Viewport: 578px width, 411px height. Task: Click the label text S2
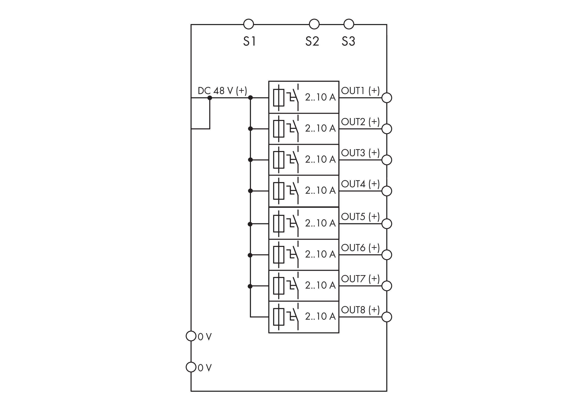[x=312, y=41]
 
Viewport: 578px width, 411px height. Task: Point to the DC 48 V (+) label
[x=222, y=91]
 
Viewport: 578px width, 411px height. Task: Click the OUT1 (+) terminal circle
[x=387, y=98]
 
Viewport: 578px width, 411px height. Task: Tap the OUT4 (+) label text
[x=360, y=184]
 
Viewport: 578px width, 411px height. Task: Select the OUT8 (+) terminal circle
[x=387, y=317]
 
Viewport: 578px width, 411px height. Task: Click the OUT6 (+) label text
[x=360, y=248]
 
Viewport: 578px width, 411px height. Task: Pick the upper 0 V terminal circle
[x=191, y=336]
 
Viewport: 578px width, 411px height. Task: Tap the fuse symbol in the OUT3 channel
[x=279, y=160]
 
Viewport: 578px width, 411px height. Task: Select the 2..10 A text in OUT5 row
[x=320, y=223]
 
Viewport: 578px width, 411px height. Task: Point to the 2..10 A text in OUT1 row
[x=320, y=97]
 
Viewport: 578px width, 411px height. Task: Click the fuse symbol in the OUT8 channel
[x=279, y=317]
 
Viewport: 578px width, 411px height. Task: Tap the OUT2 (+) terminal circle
[x=387, y=129]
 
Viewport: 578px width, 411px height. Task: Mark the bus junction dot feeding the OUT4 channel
[x=250, y=191]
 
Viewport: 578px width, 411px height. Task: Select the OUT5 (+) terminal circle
[x=387, y=224]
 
